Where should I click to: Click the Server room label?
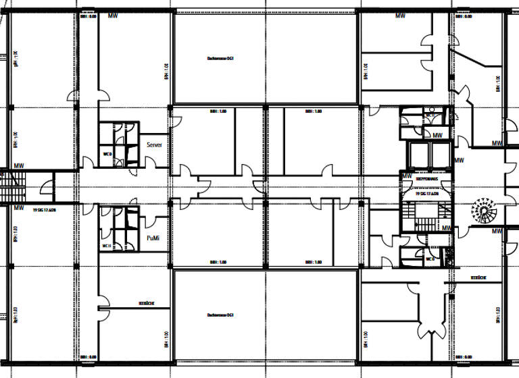154,145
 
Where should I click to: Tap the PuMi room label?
153,239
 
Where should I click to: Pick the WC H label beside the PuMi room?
106,246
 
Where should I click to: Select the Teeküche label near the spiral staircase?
479,277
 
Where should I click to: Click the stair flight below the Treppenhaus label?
425,215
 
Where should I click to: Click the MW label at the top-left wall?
113,16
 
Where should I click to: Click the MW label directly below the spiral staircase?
497,232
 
